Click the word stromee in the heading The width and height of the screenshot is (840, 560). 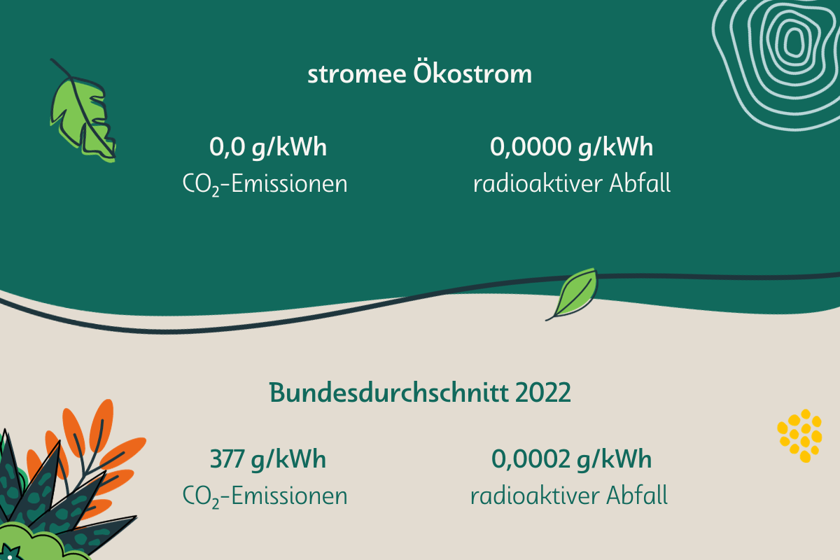pyautogui.click(x=356, y=75)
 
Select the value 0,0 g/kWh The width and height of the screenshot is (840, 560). pyautogui.click(x=268, y=148)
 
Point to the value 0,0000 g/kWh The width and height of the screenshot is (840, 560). pyautogui.click(x=571, y=148)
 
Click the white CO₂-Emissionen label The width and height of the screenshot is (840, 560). pyautogui.click(x=265, y=185)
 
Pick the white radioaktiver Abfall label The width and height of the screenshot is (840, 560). pyautogui.click(x=572, y=183)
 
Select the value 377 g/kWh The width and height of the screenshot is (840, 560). pyautogui.click(x=267, y=460)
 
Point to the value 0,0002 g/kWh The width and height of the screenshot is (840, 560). pyautogui.click(x=571, y=460)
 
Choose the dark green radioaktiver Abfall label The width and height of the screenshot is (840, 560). pyautogui.click(x=569, y=496)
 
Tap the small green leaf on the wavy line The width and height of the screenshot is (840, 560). pyautogui.click(x=574, y=295)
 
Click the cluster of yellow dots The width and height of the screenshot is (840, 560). pyautogui.click(x=800, y=435)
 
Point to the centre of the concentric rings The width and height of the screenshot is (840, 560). pyautogui.click(x=794, y=41)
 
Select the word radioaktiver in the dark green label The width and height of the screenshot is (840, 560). pyautogui.click(x=535, y=496)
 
